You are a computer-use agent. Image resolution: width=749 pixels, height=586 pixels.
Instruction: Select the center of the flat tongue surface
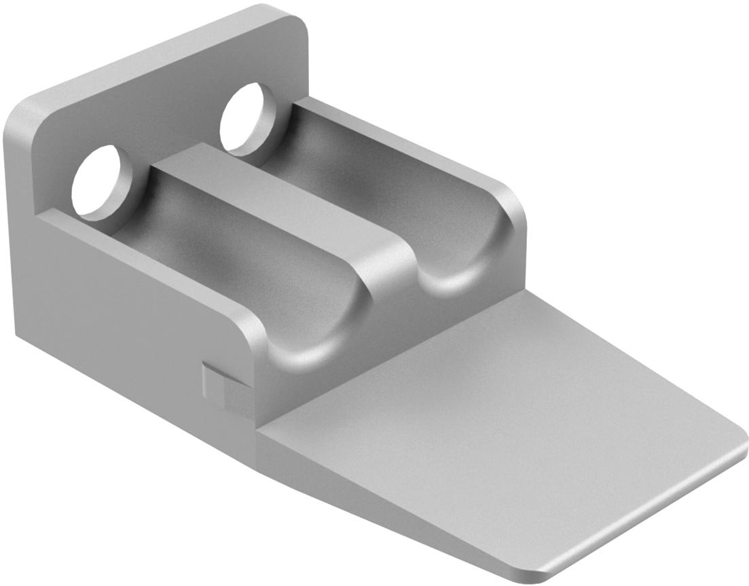coord(503,421)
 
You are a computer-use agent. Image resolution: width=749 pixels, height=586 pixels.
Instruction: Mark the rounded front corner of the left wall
coord(255,333)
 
